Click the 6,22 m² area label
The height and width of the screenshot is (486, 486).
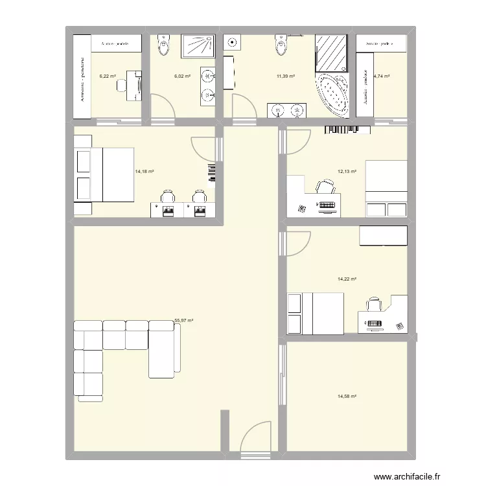click(108, 76)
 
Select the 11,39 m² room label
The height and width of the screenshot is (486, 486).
click(286, 76)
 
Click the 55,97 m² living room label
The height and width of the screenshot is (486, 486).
click(184, 320)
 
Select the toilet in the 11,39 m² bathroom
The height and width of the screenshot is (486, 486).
click(281, 45)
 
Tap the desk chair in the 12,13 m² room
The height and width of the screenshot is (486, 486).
click(323, 188)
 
